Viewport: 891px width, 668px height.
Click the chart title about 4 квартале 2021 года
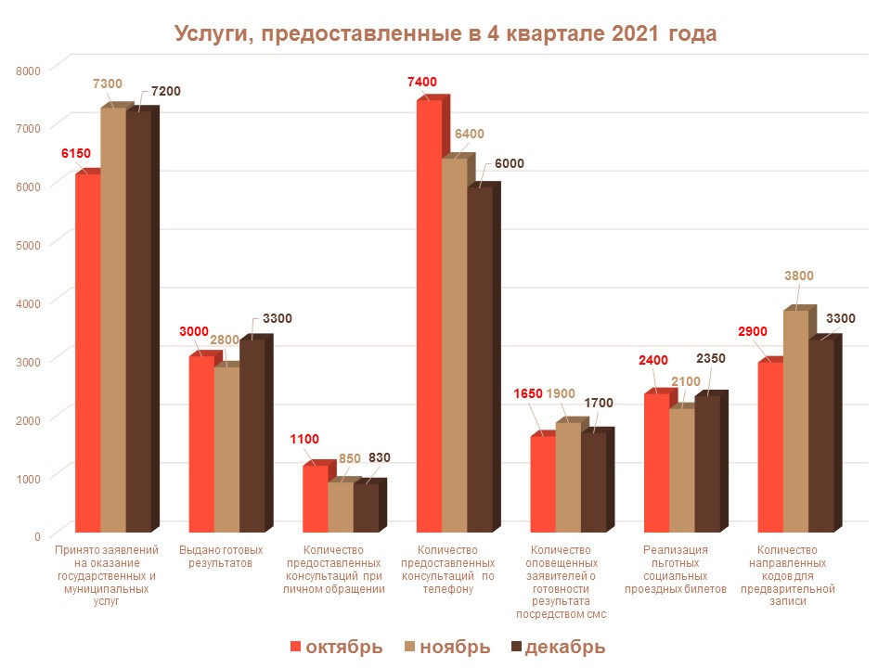click(445, 34)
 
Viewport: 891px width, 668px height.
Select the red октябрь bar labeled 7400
click(428, 315)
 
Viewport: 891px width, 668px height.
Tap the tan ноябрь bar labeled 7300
click(112, 320)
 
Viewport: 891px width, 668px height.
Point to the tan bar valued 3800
click(795, 421)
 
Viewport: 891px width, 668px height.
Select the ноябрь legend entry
click(448, 647)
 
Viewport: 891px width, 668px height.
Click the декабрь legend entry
click(558, 647)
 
